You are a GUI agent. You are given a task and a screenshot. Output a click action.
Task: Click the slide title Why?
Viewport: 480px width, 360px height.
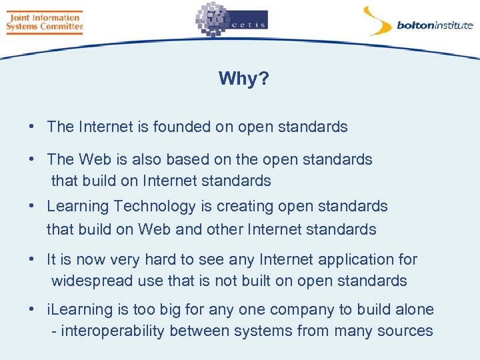(243, 79)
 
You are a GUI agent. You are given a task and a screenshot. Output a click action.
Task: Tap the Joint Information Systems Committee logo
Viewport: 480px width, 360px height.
(44, 22)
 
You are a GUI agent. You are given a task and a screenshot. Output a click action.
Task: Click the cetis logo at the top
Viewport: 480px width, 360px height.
(231, 20)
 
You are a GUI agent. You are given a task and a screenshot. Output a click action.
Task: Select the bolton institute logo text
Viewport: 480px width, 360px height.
(435, 26)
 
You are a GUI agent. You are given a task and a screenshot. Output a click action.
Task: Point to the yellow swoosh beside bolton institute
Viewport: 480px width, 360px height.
(377, 20)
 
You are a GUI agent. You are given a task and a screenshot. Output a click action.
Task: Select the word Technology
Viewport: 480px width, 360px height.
(143, 206)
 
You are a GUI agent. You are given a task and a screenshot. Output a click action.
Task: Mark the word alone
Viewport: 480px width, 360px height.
(413, 310)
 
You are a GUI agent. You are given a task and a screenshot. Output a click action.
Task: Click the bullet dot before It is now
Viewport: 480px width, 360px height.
(32, 259)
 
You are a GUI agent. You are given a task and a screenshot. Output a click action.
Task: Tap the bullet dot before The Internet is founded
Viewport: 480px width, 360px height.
(32, 127)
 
